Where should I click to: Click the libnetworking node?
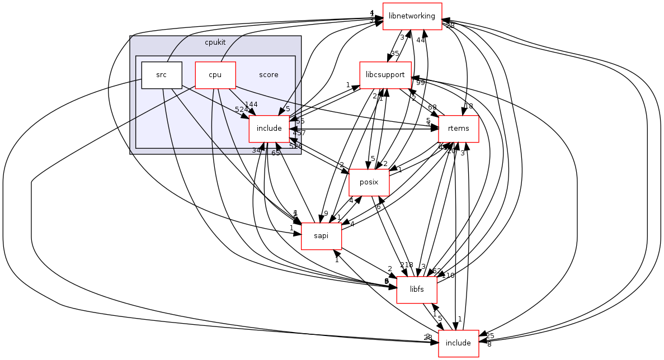[412, 16]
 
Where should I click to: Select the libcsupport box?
[384, 75]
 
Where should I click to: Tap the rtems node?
[458, 129]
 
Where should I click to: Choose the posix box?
[369, 182]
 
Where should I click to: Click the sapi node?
[321, 236]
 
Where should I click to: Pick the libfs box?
[416, 290]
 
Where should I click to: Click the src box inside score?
[162, 75]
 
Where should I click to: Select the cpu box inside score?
[215, 75]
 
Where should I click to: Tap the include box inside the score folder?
[269, 129]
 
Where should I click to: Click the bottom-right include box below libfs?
[458, 343]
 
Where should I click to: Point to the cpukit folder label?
[215, 42]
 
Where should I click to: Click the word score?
[269, 75]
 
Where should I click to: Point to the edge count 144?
[251, 105]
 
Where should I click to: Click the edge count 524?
[242, 110]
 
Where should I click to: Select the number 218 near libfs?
[406, 265]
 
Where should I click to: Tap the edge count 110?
[448, 276]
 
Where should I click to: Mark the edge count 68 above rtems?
[432, 107]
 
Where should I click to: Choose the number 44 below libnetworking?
[421, 40]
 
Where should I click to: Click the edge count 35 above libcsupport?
[394, 54]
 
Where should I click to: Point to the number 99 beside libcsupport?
[420, 83]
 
